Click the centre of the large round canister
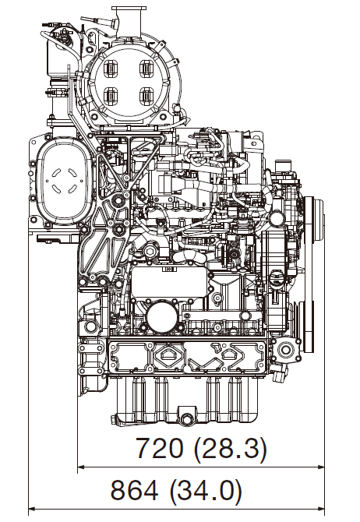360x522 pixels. tap(129, 83)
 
